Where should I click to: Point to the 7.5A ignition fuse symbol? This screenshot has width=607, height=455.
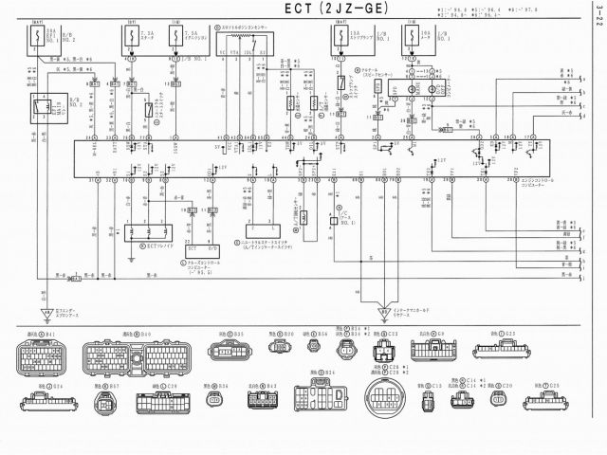pos(176,39)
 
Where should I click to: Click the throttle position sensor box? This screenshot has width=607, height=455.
pos(248,43)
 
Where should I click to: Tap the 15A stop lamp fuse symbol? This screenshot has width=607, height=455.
pos(340,39)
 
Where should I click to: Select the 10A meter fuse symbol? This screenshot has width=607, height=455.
pos(410,39)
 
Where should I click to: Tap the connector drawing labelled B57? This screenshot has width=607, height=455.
pos(104,404)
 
